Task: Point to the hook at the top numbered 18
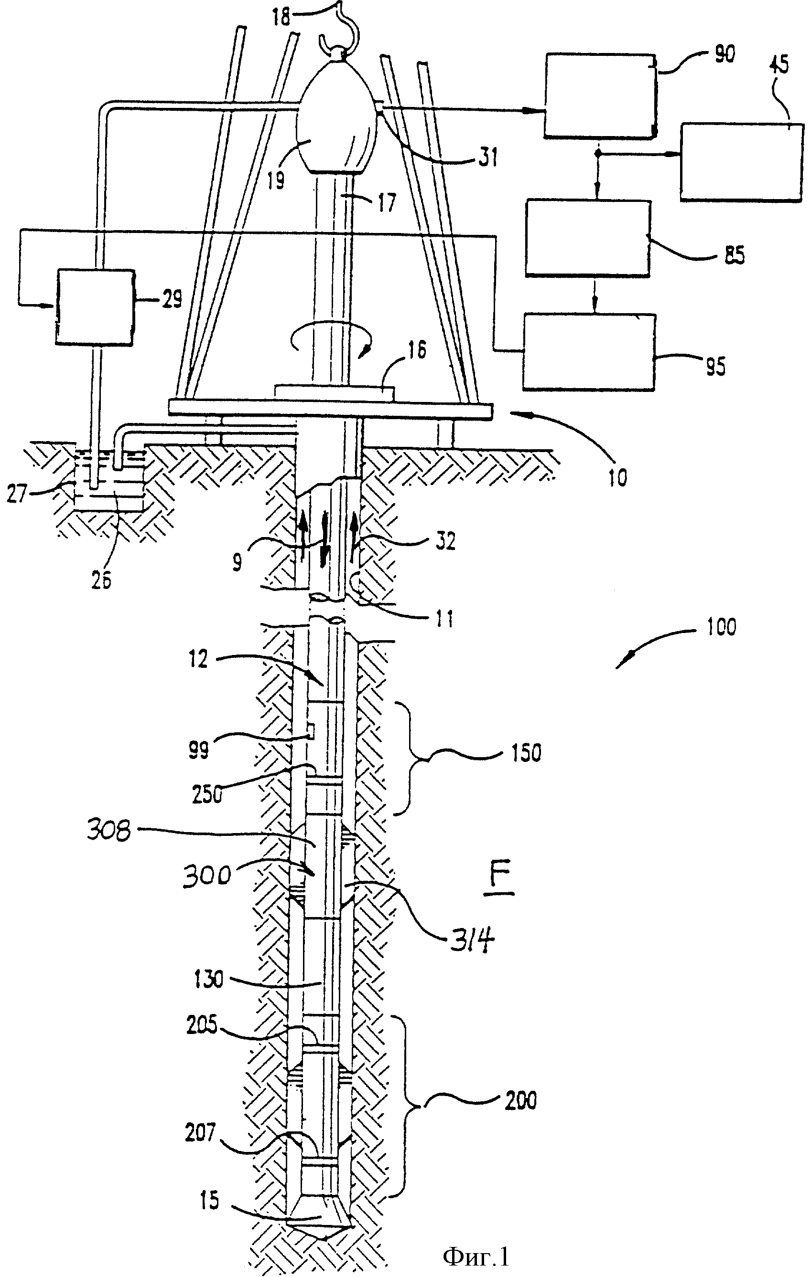[x=340, y=27]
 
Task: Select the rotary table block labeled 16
[x=335, y=393]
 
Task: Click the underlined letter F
[x=499, y=881]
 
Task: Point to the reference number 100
[x=721, y=627]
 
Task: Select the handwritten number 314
[x=472, y=942]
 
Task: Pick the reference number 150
[x=525, y=753]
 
